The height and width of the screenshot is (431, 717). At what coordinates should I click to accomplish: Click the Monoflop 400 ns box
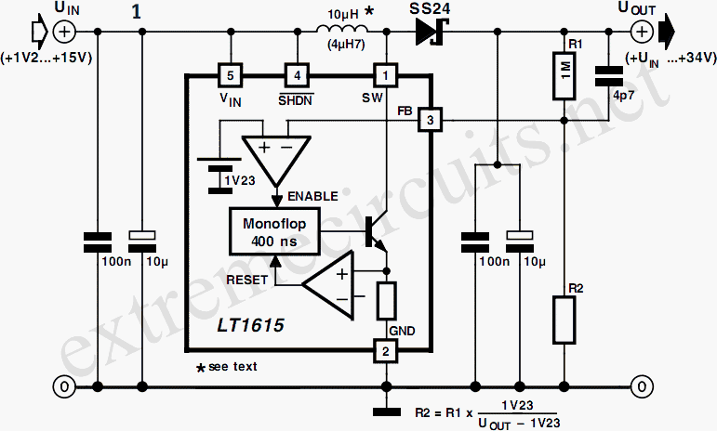274,231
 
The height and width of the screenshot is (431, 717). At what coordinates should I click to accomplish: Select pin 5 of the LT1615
231,75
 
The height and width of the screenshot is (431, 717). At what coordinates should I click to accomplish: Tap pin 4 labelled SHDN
298,75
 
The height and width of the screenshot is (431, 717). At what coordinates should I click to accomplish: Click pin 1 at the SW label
386,75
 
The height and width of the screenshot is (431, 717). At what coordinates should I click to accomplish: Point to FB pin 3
430,120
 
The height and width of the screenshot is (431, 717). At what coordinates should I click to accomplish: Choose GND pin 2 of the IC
386,351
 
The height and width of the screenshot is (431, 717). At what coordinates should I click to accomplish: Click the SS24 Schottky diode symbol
432,32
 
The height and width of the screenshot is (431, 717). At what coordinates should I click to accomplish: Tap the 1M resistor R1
564,75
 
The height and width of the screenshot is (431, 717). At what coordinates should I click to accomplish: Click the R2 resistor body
564,320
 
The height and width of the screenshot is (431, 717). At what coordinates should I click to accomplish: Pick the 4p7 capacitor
608,76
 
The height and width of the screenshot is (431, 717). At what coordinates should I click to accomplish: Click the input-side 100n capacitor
98,242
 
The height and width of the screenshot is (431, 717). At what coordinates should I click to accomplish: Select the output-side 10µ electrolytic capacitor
520,242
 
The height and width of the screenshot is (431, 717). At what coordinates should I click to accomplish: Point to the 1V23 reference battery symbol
219,176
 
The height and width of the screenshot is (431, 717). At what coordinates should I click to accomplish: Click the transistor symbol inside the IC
375,231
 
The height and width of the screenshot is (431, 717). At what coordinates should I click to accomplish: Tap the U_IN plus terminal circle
64,32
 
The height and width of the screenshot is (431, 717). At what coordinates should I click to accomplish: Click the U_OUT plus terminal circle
642,32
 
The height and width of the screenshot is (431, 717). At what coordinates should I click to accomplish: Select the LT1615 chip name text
250,325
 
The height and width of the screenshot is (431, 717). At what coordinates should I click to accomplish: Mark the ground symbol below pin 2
386,411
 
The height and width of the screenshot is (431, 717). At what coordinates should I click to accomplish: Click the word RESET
247,280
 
